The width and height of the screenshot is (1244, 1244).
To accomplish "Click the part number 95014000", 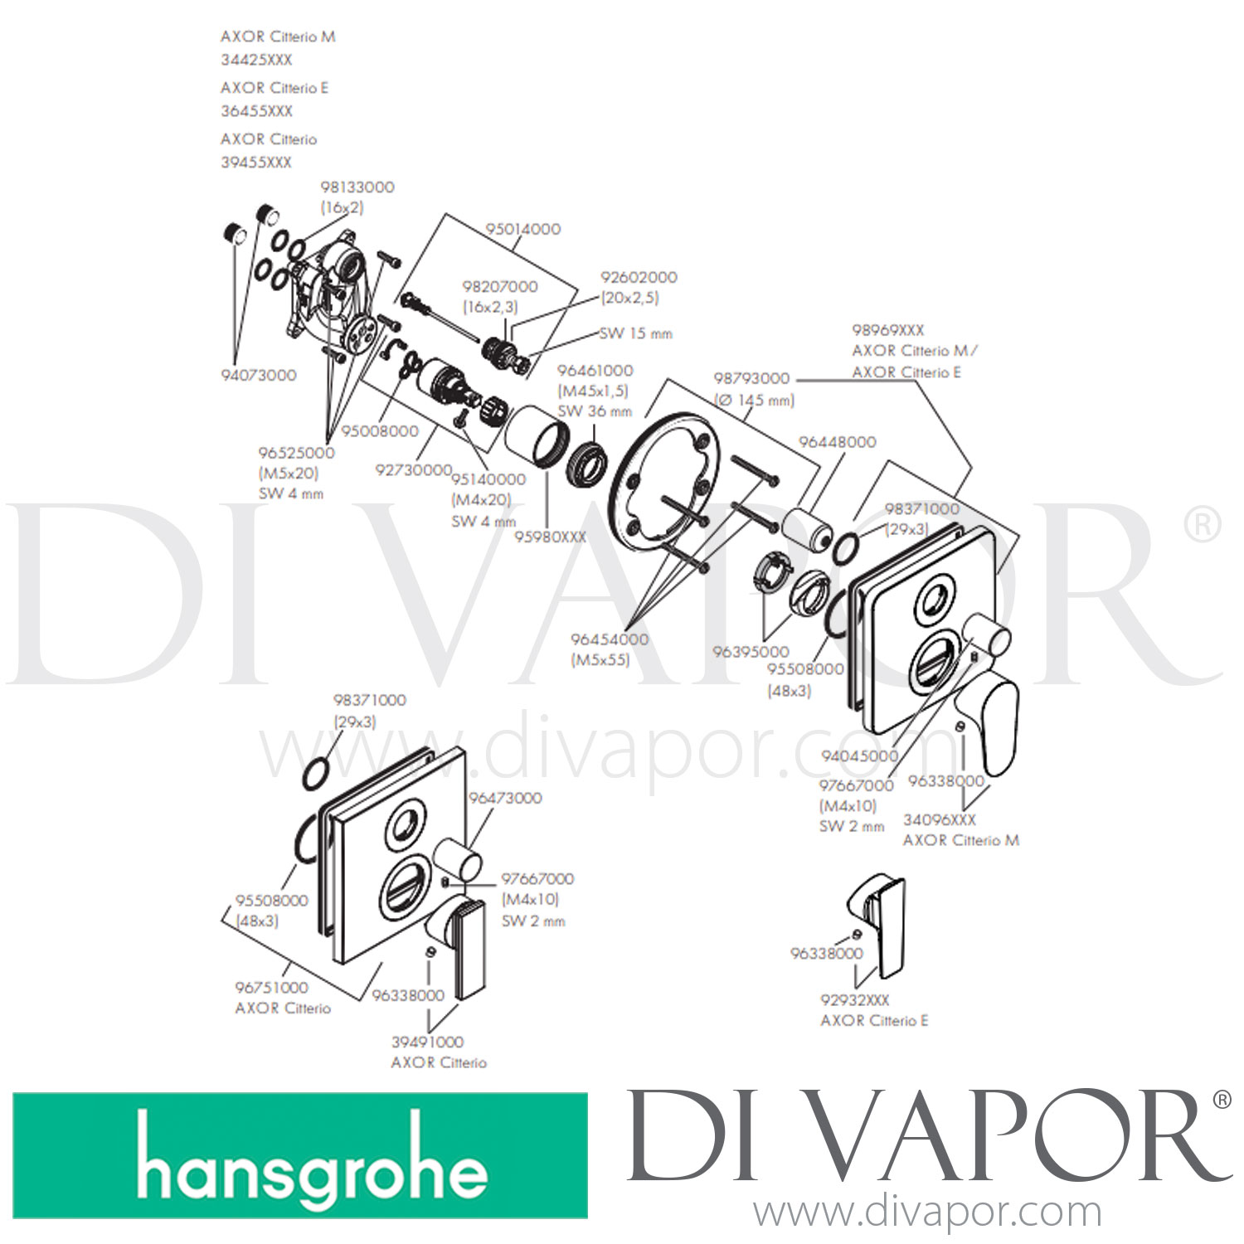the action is [x=523, y=229].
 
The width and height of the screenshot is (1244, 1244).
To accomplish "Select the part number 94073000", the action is [x=259, y=375].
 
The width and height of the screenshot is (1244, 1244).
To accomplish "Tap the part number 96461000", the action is [x=595, y=371].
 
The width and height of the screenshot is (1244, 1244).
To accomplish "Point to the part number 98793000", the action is [x=751, y=378].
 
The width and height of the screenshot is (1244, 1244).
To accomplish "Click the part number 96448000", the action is [x=838, y=442].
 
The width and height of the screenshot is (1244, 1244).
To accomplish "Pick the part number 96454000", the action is [x=610, y=639].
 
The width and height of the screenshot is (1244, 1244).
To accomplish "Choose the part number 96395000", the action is [x=751, y=652].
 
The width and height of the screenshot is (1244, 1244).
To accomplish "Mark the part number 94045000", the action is [x=860, y=756].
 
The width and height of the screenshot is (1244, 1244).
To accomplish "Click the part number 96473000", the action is [x=505, y=798].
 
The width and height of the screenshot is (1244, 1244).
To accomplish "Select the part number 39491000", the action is [x=428, y=1042].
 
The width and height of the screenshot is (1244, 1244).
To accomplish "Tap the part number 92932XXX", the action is [x=854, y=1000].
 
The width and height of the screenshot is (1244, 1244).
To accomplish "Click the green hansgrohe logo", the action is [x=300, y=1155].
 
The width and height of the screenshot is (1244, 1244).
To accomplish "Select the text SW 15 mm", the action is [x=636, y=333].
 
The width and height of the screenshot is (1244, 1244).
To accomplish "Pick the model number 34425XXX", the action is [x=256, y=60].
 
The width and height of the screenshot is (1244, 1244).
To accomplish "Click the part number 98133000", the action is [x=357, y=187].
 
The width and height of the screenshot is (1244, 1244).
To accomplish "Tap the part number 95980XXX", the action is [x=551, y=537].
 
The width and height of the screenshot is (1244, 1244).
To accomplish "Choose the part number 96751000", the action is [x=272, y=988].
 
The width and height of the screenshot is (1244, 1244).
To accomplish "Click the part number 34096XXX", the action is [x=940, y=819].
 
